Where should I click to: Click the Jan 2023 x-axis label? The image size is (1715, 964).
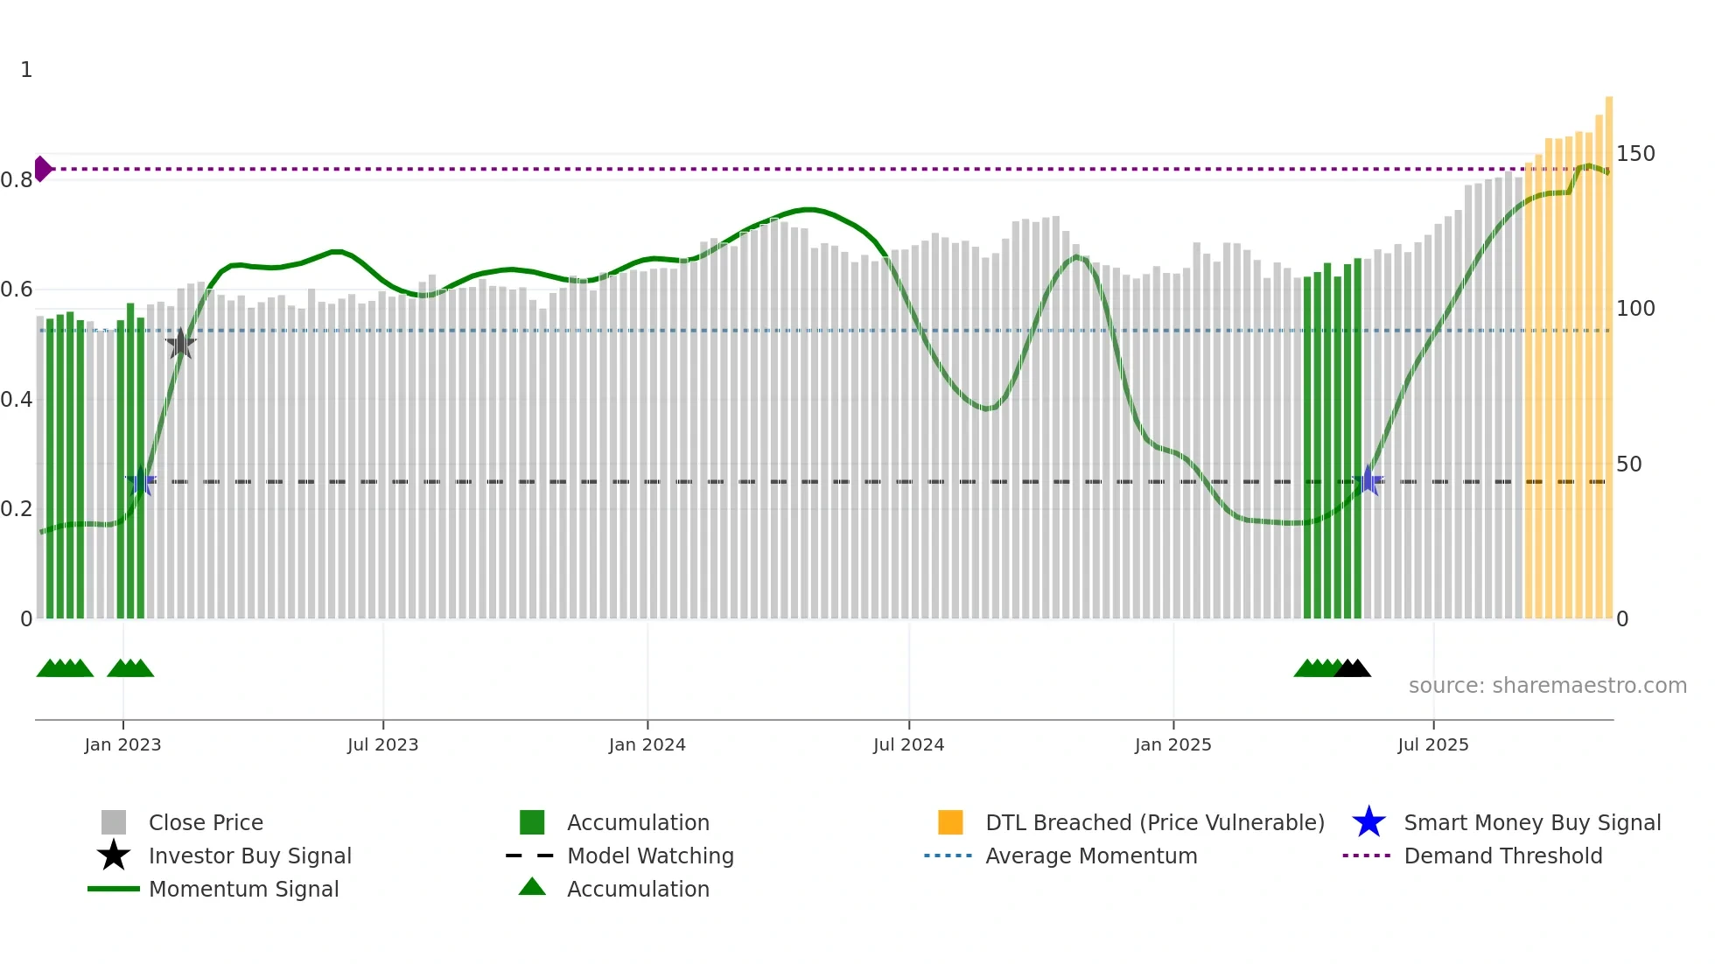[x=122, y=744]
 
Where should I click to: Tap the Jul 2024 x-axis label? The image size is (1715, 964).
[x=908, y=744]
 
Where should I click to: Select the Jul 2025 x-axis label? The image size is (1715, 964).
[x=1432, y=744]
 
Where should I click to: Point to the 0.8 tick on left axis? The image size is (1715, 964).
[x=17, y=180]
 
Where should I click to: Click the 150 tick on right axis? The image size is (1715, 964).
[x=1635, y=154]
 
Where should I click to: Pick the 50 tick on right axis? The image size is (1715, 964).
[x=1628, y=465]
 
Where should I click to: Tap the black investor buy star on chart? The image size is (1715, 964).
[x=180, y=344]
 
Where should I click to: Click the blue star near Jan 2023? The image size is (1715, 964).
[x=141, y=481]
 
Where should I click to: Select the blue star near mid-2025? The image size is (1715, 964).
[x=1368, y=481]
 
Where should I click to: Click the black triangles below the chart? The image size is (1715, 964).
[x=1353, y=668]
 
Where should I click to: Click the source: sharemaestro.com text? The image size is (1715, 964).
[x=1547, y=686]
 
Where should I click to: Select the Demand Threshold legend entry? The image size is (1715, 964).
[x=1502, y=856]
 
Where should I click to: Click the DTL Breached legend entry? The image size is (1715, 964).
[x=1154, y=822]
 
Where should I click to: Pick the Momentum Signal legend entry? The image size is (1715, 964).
[x=243, y=889]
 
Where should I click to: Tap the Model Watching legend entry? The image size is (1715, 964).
[x=649, y=856]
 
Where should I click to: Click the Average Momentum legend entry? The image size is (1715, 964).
[x=1090, y=856]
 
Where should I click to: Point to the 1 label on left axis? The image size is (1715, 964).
[x=26, y=70]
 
